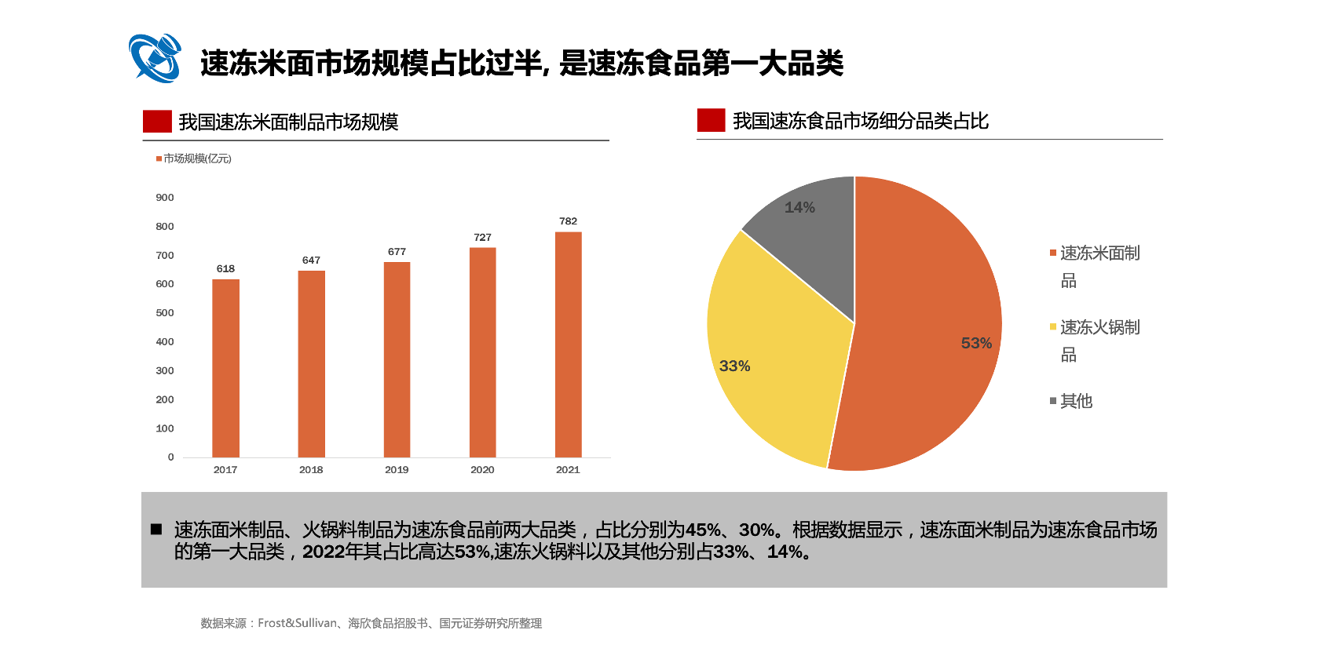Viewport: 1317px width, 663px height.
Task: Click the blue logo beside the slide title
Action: click(x=155, y=58)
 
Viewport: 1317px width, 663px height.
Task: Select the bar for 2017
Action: click(x=225, y=368)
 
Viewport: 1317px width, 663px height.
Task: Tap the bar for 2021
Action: click(x=568, y=344)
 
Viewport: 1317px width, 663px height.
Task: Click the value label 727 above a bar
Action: click(x=482, y=237)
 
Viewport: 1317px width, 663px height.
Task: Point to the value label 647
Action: click(x=311, y=260)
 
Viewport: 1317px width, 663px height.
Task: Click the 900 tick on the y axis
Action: click(x=165, y=198)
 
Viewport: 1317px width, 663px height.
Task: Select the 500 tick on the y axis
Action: click(x=165, y=313)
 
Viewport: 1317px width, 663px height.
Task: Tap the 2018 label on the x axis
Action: click(x=311, y=470)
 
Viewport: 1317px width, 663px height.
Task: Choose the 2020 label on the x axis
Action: click(x=482, y=470)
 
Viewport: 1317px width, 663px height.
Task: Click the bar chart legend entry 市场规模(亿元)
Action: click(x=194, y=158)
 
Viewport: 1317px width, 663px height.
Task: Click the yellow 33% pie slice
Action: click(x=770, y=369)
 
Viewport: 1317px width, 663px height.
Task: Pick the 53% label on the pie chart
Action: click(x=976, y=343)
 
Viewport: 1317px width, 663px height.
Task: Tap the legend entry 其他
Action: click(x=1076, y=401)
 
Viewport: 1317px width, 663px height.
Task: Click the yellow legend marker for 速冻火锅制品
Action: click(x=1053, y=326)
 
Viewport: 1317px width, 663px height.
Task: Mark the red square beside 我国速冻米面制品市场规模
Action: click(x=157, y=122)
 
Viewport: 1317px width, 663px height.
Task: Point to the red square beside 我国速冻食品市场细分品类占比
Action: click(x=711, y=120)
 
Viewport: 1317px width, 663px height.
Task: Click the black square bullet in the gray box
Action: click(x=156, y=530)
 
